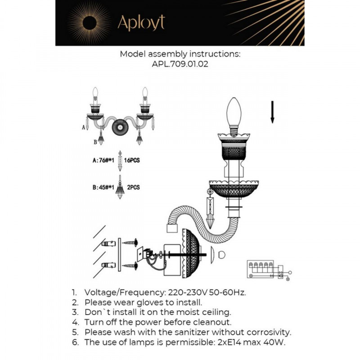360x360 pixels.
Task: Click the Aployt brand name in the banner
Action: click(141, 22)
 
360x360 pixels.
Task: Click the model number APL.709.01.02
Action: click(180, 64)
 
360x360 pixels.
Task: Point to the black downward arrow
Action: click(272, 112)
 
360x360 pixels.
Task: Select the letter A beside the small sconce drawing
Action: click(84, 127)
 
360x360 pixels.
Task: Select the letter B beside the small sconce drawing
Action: click(95, 142)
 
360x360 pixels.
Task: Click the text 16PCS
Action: click(132, 160)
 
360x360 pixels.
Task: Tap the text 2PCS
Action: click(133, 187)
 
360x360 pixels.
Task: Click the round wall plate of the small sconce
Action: click(120, 127)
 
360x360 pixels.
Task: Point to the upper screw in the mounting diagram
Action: click(130, 243)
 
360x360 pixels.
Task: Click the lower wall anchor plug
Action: click(108, 265)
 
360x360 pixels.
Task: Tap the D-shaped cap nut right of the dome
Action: click(221, 255)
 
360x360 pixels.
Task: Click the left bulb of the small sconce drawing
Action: click(95, 93)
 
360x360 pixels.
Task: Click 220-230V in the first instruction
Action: click(188, 292)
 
